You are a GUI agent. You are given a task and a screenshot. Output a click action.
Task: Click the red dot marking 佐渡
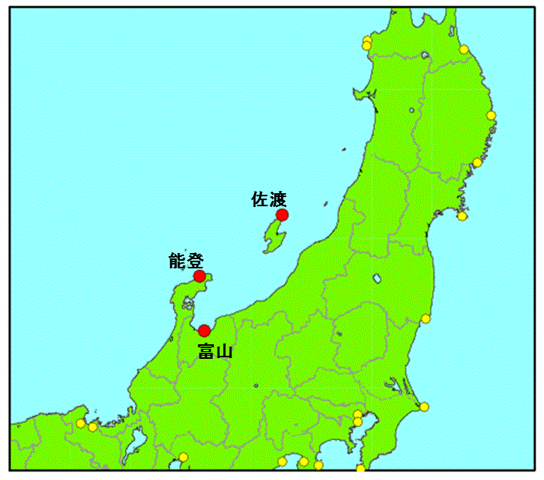pyautogui.click(x=282, y=215)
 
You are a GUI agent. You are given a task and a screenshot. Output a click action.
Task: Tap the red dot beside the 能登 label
pyautogui.click(x=199, y=276)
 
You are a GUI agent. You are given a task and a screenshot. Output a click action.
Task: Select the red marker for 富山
pyautogui.click(x=204, y=331)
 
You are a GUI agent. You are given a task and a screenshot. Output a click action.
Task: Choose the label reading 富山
pyautogui.click(x=215, y=352)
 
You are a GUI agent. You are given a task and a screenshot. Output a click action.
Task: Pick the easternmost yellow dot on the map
pyautogui.click(x=491, y=116)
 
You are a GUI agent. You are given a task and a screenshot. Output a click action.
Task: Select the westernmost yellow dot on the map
pyautogui.click(x=80, y=423)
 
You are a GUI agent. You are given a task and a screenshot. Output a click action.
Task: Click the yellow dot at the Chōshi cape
pyautogui.click(x=424, y=407)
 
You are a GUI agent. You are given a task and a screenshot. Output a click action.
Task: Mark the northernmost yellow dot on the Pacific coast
pyautogui.click(x=464, y=50)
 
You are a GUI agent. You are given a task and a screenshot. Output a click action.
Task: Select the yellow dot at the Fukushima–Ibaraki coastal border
pyautogui.click(x=426, y=319)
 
